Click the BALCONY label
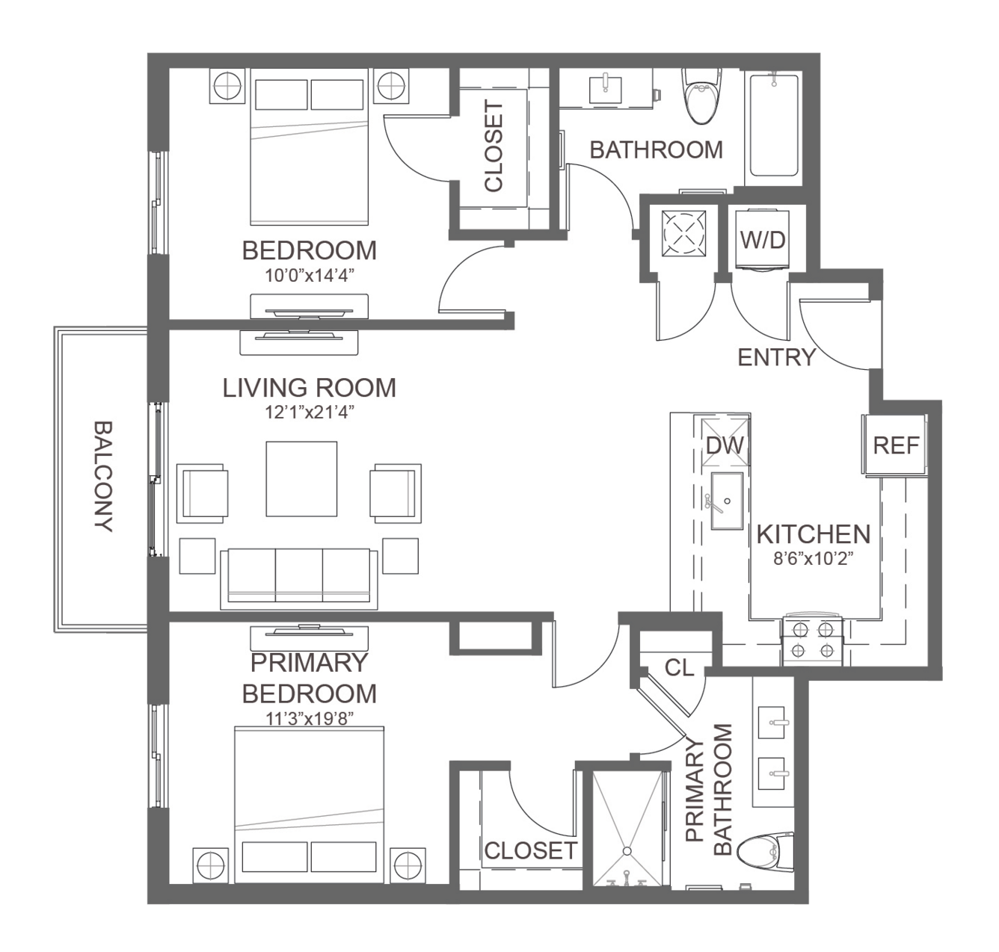104,476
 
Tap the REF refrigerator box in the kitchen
895,445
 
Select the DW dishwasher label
725,445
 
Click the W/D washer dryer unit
762,239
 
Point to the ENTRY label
776,358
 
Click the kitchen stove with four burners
813,640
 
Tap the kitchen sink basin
727,501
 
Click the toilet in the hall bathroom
702,96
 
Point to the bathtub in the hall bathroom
773,126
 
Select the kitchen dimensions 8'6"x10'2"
813,559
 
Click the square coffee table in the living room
301,478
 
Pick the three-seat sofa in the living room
299,578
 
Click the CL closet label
679,667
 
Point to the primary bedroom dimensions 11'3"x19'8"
309,719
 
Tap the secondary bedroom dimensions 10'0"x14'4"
309,275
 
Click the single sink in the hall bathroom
605,90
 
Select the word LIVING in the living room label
262,388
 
